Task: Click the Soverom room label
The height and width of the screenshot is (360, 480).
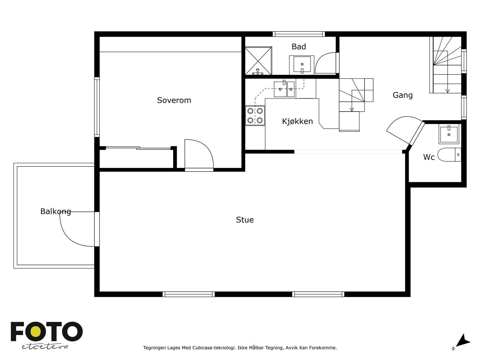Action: pos(174,100)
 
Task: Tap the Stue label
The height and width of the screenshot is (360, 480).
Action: pos(245,220)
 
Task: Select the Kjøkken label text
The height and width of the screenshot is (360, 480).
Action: pos(297,121)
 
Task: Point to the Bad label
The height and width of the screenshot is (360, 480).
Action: pos(299,47)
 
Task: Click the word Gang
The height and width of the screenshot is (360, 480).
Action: pos(403,95)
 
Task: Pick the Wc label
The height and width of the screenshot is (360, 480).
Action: pos(429,157)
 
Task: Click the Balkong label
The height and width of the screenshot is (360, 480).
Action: pos(55,211)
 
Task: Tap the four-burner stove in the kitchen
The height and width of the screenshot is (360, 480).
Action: pos(255,116)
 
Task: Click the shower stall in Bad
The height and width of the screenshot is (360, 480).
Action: pos(258,60)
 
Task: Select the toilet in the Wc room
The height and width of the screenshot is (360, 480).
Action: pos(448,155)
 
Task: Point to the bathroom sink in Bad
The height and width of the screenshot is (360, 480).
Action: pos(302,64)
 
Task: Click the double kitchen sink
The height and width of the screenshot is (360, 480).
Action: pos(284,89)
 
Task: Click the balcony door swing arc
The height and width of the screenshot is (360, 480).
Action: pos(75,231)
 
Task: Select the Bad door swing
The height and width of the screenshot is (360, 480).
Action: pos(325,64)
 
